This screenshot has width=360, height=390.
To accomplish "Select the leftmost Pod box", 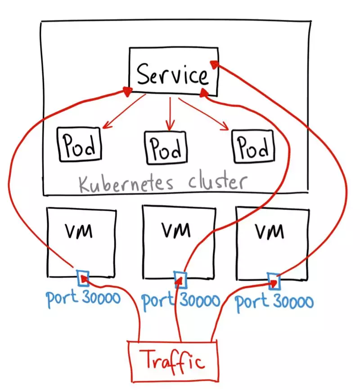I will [x=79, y=145].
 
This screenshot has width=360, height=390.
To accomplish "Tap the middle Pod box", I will [x=166, y=147].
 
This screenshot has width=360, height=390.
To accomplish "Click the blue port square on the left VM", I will [x=82, y=278].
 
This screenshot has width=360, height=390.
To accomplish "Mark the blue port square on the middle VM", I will [x=180, y=279].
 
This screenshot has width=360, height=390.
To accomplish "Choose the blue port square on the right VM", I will [x=274, y=281].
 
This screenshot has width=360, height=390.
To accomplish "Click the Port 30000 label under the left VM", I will [x=83, y=298].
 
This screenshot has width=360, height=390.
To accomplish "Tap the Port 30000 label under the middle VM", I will [x=181, y=300].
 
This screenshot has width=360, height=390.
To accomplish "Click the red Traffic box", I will [x=173, y=360].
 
